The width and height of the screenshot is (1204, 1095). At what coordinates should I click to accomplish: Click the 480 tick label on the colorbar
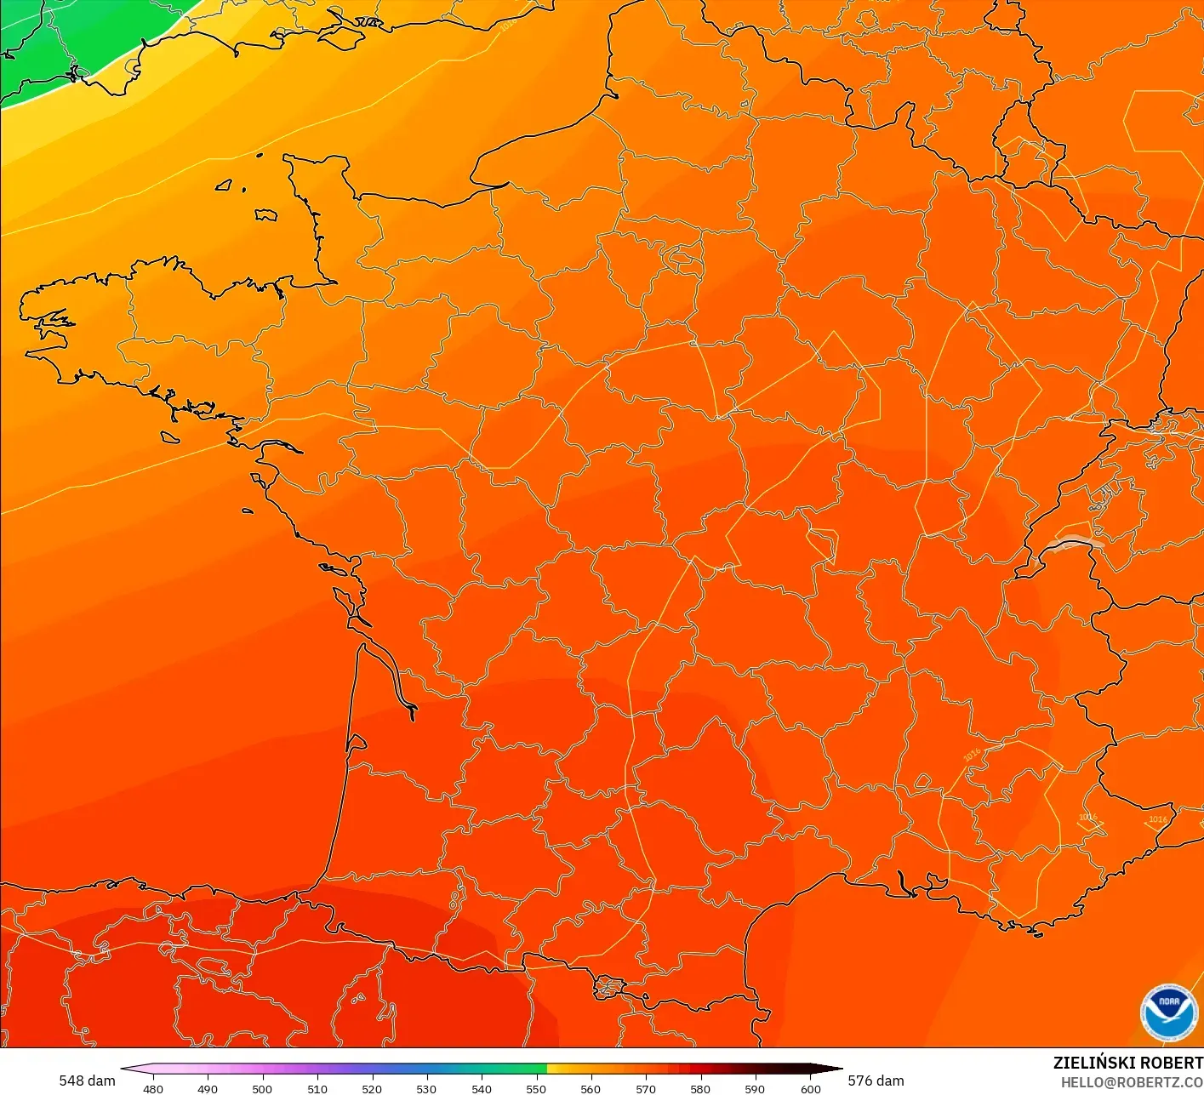click(153, 1088)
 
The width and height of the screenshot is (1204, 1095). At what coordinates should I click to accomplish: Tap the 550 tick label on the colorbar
click(536, 1088)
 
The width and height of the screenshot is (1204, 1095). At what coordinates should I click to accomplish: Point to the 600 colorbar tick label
click(810, 1088)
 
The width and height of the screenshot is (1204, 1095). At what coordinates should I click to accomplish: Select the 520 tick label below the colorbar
click(372, 1088)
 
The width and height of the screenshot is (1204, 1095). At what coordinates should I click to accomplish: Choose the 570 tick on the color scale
click(646, 1088)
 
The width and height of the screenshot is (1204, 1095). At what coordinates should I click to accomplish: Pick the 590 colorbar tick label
click(755, 1088)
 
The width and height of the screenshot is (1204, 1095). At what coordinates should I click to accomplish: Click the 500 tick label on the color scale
click(262, 1088)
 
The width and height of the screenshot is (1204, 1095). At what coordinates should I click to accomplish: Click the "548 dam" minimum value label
click(87, 1081)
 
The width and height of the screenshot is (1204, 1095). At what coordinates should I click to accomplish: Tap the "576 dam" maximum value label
click(876, 1081)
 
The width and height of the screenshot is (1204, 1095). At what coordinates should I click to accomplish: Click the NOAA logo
click(1168, 1012)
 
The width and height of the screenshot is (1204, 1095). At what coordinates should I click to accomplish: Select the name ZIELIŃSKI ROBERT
click(1127, 1063)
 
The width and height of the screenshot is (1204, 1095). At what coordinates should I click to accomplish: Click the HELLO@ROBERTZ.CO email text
click(1132, 1082)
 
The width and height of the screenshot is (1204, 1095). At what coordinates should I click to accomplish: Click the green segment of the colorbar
click(511, 1069)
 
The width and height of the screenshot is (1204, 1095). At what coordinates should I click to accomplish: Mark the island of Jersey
click(266, 214)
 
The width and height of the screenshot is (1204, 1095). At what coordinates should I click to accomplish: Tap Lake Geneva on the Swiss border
click(1074, 543)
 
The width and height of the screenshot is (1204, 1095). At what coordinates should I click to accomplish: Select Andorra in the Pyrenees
click(609, 988)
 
